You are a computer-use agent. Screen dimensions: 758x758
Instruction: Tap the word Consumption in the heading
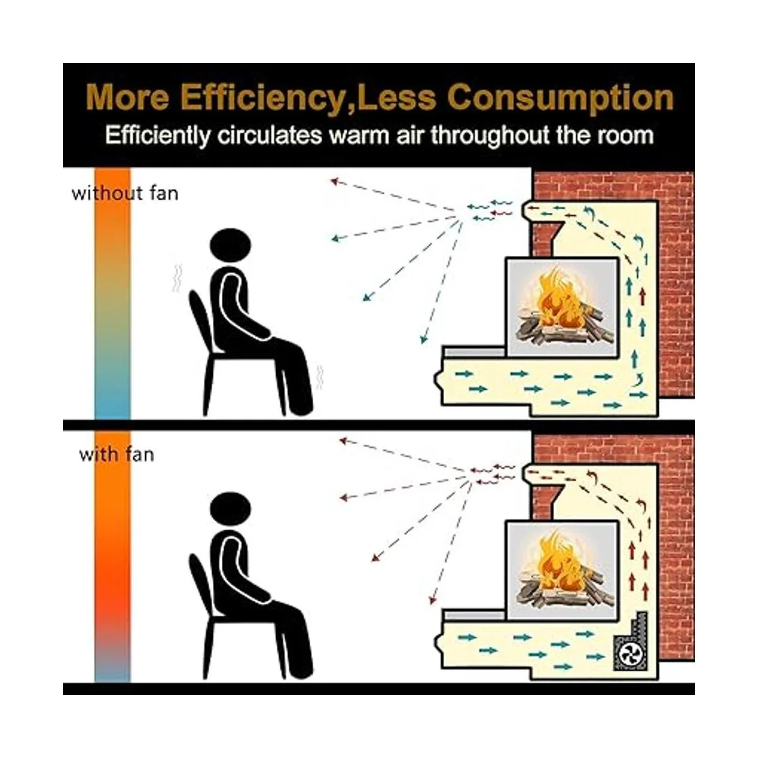click(560, 98)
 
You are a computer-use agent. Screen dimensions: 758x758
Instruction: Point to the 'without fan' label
click(125, 193)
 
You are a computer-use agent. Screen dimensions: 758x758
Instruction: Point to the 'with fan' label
click(116, 455)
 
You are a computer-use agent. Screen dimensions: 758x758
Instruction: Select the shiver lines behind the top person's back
click(177, 277)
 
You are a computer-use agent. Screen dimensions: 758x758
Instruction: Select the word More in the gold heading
click(127, 98)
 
